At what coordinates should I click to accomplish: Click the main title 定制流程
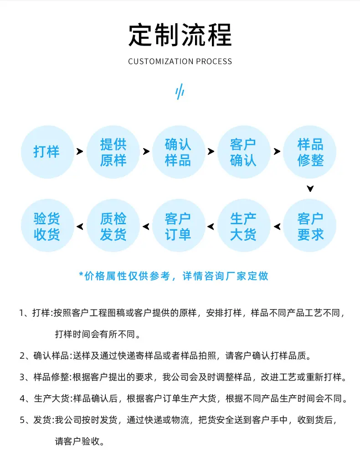(x=180, y=35)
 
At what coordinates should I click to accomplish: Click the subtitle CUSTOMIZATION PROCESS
(x=180, y=62)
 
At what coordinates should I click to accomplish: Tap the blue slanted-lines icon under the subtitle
(x=180, y=92)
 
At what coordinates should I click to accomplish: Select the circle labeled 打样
(x=47, y=152)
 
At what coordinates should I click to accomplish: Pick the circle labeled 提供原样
(x=113, y=152)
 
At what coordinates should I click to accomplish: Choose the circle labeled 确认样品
(x=179, y=152)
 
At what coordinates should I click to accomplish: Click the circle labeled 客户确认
(x=244, y=152)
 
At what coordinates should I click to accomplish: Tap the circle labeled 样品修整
(x=309, y=152)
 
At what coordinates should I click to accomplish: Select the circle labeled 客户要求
(x=309, y=226)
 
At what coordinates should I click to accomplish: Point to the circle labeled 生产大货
(x=244, y=226)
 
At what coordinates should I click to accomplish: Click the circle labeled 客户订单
(x=179, y=226)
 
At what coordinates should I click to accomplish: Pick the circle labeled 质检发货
(x=113, y=226)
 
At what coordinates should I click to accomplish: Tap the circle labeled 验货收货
(x=47, y=226)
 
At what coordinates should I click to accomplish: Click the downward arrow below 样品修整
(x=310, y=188)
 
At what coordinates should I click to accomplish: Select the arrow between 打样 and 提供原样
(x=80, y=151)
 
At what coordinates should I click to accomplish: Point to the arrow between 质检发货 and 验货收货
(x=80, y=227)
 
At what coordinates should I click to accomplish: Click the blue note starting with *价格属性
(x=174, y=276)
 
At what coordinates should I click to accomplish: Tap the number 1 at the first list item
(x=22, y=313)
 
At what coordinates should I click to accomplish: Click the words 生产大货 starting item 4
(x=52, y=398)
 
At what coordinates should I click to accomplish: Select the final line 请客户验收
(x=80, y=441)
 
